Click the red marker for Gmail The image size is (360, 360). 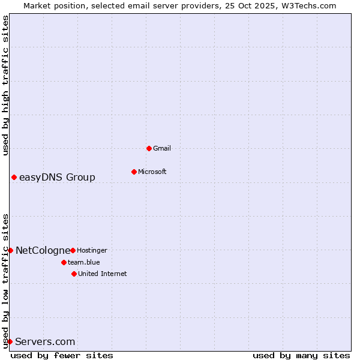(x=149, y=148)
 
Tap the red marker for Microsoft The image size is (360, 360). (x=134, y=172)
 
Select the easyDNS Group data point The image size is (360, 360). (x=14, y=177)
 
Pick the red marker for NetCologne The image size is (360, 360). (x=10, y=250)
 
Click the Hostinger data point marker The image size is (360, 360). (x=73, y=250)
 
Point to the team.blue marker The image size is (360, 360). (x=64, y=262)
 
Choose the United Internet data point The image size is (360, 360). (x=74, y=274)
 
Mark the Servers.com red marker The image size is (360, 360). (x=10, y=341)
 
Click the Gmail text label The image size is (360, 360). (x=162, y=148)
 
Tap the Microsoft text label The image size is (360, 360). (x=152, y=172)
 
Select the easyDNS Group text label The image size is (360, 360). (x=57, y=177)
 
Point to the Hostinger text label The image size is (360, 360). (x=92, y=250)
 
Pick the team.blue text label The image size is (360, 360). (x=84, y=262)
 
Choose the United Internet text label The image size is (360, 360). (x=103, y=274)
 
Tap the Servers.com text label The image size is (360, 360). (x=45, y=341)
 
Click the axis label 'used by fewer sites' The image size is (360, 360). (x=62, y=355)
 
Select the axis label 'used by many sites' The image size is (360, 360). (x=301, y=355)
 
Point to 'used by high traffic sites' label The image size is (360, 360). (x=5, y=85)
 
